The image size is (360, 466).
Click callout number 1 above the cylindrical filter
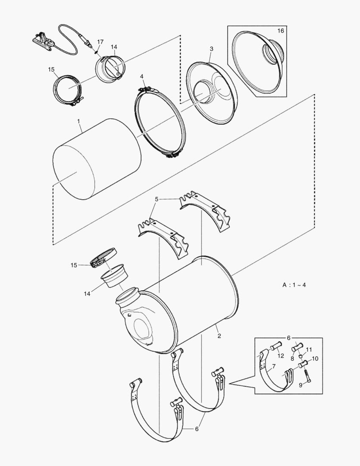[x=79, y=122]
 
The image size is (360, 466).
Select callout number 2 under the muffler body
[x=219, y=336]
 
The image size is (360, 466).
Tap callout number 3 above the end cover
[x=211, y=49]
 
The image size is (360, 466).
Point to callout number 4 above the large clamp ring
[x=141, y=77]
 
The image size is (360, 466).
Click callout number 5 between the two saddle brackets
[x=157, y=200]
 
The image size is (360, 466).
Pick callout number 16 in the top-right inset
[x=281, y=31]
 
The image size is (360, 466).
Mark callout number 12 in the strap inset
[x=309, y=349]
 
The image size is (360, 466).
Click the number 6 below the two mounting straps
[x=197, y=429]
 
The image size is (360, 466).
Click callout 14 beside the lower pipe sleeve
[x=88, y=293]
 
